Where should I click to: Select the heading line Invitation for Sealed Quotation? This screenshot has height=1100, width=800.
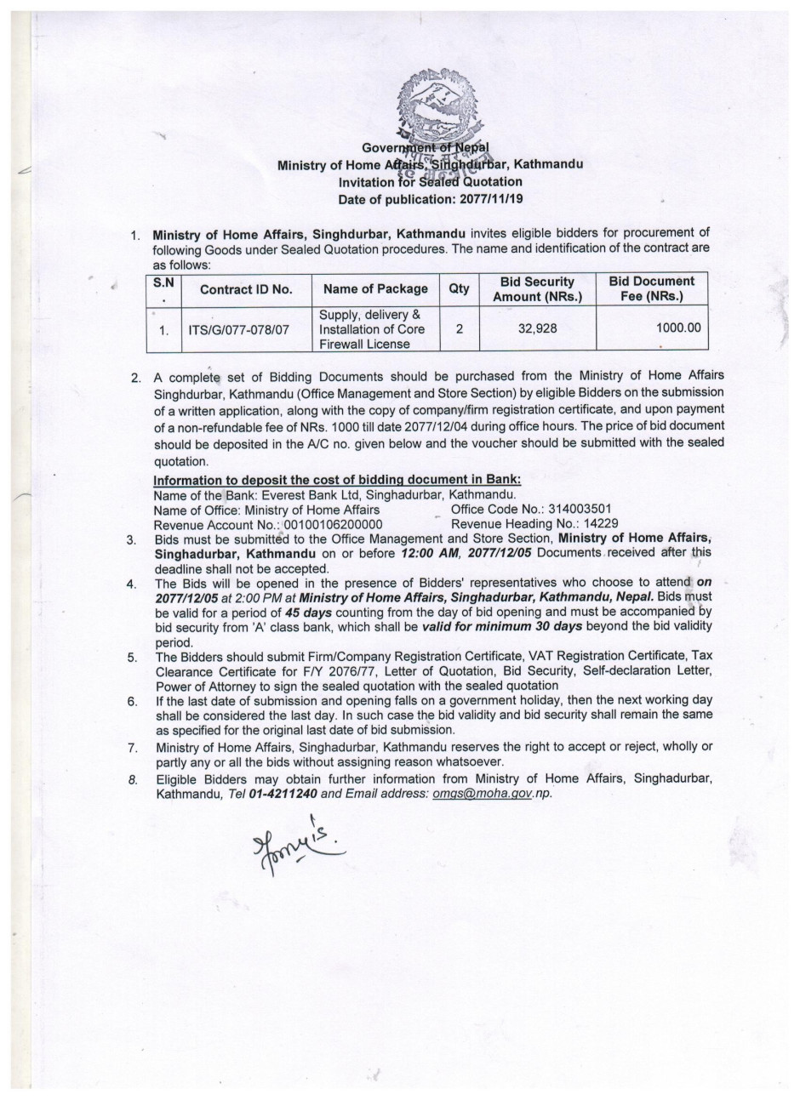click(430, 181)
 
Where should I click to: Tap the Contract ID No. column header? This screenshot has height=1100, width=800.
click(246, 289)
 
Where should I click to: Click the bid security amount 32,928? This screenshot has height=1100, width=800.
click(537, 328)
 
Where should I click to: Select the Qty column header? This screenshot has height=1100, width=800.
click(459, 288)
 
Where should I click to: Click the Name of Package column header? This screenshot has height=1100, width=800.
click(375, 289)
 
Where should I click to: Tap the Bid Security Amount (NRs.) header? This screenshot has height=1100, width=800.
click(537, 289)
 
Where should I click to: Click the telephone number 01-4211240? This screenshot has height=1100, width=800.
click(283, 794)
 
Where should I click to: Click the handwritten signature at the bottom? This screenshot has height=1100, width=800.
click(295, 844)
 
